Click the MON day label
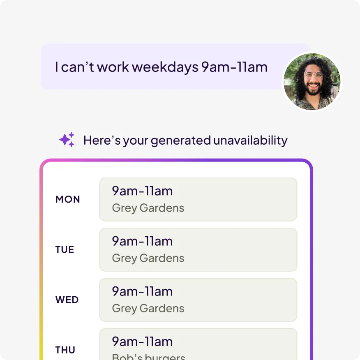tap(67, 199)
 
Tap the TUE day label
tap(65, 249)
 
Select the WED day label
tap(67, 300)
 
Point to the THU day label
tap(65, 350)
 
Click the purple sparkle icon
tap(67, 140)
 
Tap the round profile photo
tap(312, 81)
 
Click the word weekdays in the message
tap(165, 67)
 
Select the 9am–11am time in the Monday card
tap(142, 191)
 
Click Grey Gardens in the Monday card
tap(148, 208)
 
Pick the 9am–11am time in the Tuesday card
tap(142, 241)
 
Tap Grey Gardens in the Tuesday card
tap(148, 258)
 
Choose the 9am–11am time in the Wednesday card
tap(142, 292)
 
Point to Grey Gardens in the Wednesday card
tap(148, 309)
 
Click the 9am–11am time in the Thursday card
tap(142, 342)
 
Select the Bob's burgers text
tap(148, 357)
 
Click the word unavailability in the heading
tap(251, 140)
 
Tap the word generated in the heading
tap(181, 141)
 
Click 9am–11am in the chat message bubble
tap(234, 67)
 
